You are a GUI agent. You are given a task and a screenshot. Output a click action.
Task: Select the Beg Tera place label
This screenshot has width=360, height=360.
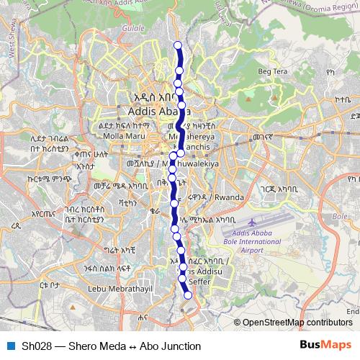271,71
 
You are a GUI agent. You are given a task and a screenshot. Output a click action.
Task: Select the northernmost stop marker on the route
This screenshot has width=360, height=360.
179,46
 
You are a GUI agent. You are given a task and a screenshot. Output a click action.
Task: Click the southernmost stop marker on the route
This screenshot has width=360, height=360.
189,295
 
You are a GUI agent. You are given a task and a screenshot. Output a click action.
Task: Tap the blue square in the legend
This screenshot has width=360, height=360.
9,346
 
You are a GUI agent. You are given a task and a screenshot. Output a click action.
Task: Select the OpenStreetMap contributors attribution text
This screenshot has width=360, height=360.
297,323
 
